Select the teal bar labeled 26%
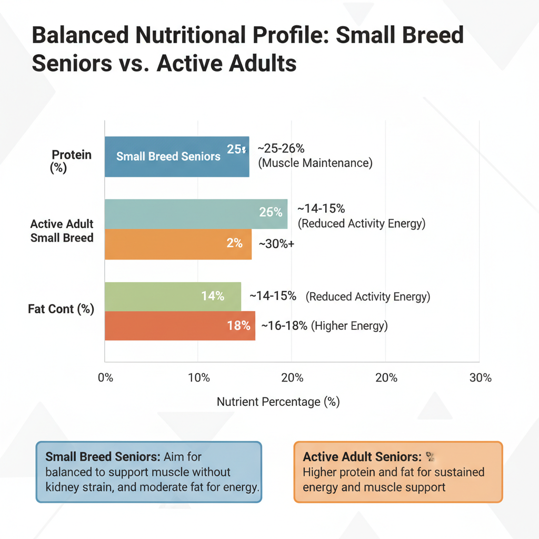tap(196, 214)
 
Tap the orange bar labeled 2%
tap(178, 244)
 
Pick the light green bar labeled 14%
tap(173, 296)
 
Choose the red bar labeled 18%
tap(180, 326)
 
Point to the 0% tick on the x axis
tap(105, 378)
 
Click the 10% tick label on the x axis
tap(199, 378)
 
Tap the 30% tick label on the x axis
tap(480, 378)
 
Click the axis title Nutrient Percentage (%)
tap(278, 402)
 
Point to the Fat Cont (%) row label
tap(61, 309)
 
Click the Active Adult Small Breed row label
tap(62, 231)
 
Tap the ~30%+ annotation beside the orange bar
tap(276, 244)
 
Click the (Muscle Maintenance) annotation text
tap(315, 163)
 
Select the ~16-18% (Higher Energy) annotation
tap(324, 326)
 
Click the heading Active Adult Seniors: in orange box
tap(362, 457)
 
